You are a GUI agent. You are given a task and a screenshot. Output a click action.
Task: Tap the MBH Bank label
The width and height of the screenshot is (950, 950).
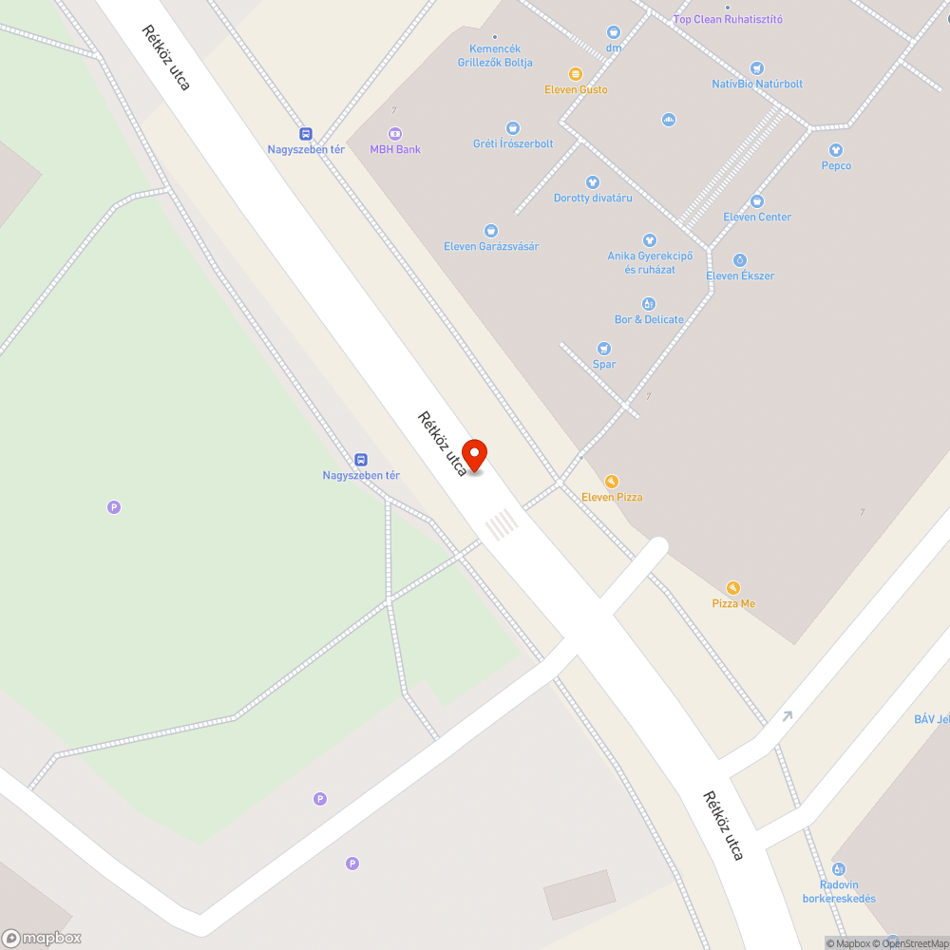pyautogui.click(x=395, y=149)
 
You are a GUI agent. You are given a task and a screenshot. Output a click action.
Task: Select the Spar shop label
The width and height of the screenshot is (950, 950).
pyautogui.click(x=604, y=364)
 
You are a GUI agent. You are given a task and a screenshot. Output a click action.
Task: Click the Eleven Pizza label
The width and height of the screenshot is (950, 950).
pyautogui.click(x=612, y=497)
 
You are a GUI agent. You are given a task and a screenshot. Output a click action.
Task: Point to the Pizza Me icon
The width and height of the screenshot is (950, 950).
pyautogui.click(x=732, y=588)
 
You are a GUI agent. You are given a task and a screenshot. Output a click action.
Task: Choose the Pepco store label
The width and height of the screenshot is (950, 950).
pyautogui.click(x=836, y=165)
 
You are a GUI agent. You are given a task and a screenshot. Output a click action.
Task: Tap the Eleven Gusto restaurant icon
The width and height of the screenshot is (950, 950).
pyautogui.click(x=575, y=73)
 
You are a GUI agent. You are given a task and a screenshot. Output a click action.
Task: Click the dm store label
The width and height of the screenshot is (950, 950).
pyautogui.click(x=614, y=47)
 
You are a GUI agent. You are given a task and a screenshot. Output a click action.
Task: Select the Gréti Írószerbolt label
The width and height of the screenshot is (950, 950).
pyautogui.click(x=513, y=143)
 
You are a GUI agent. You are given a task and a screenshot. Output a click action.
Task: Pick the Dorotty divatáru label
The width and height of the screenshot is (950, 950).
pyautogui.click(x=593, y=198)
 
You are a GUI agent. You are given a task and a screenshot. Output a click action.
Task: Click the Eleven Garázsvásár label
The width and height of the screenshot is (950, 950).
pyautogui.click(x=491, y=246)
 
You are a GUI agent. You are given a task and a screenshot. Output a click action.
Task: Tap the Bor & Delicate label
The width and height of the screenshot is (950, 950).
pyautogui.click(x=649, y=319)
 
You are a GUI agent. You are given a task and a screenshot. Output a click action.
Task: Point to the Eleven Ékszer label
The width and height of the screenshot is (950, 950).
pyautogui.click(x=740, y=275)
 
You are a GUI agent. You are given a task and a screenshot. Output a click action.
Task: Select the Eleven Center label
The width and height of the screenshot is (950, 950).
pyautogui.click(x=757, y=217)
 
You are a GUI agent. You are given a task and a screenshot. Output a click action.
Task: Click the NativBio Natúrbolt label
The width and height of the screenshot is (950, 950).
pyautogui.click(x=757, y=84)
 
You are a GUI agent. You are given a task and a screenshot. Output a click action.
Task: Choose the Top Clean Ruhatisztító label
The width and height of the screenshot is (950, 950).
pyautogui.click(x=728, y=19)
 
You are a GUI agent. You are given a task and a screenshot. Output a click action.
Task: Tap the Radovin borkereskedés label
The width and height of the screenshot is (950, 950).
pyautogui.click(x=839, y=891)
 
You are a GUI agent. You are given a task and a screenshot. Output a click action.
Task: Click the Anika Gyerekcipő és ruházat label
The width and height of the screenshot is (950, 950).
pyautogui.click(x=650, y=262)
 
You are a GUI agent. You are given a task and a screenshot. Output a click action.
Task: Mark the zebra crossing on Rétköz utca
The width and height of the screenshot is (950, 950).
pyautogui.click(x=502, y=523)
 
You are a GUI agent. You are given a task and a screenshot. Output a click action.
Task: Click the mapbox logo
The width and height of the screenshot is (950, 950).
pyautogui.click(x=42, y=938)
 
